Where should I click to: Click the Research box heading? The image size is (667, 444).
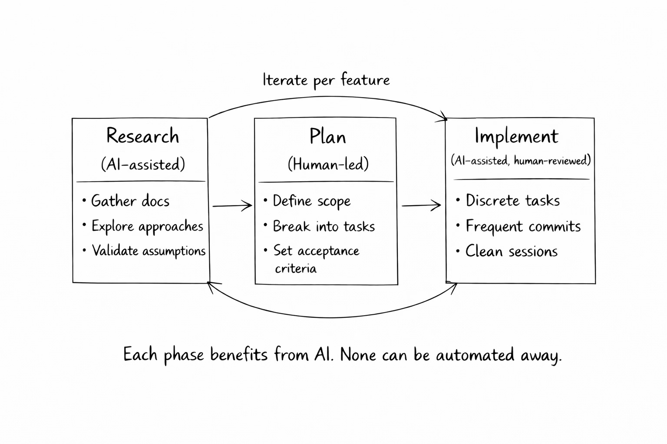pyautogui.click(x=142, y=136)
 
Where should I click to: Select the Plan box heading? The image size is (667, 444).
pyautogui.click(x=327, y=137)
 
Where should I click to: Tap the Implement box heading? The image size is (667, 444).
pyautogui.click(x=516, y=136)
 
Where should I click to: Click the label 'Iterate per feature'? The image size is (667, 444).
pyautogui.click(x=326, y=80)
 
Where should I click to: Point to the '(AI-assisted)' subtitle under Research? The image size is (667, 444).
pyautogui.click(x=143, y=164)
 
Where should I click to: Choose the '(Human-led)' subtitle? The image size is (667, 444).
pyautogui.click(x=328, y=164)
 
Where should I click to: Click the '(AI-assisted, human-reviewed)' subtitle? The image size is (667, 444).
pyautogui.click(x=521, y=161)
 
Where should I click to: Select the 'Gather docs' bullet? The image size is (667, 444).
pyautogui.click(x=130, y=201)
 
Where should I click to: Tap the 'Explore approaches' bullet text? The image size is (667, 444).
pyautogui.click(x=147, y=226)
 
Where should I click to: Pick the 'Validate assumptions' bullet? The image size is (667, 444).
pyautogui.click(x=149, y=251)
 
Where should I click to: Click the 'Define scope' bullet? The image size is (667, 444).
pyautogui.click(x=311, y=201)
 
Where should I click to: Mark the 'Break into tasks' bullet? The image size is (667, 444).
pyautogui.click(x=324, y=226)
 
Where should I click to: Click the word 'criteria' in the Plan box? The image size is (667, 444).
pyautogui.click(x=296, y=269)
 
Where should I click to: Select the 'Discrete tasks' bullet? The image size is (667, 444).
pyautogui.click(x=512, y=201)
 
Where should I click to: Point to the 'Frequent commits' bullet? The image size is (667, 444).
pyautogui.click(x=523, y=226)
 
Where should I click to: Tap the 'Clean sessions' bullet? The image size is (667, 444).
pyautogui.click(x=512, y=251)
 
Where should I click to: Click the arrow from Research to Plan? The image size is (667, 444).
pyautogui.click(x=232, y=206)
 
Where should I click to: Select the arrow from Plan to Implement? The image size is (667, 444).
pyautogui.click(x=421, y=206)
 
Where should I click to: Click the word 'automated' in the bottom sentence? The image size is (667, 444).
pyautogui.click(x=475, y=355)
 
